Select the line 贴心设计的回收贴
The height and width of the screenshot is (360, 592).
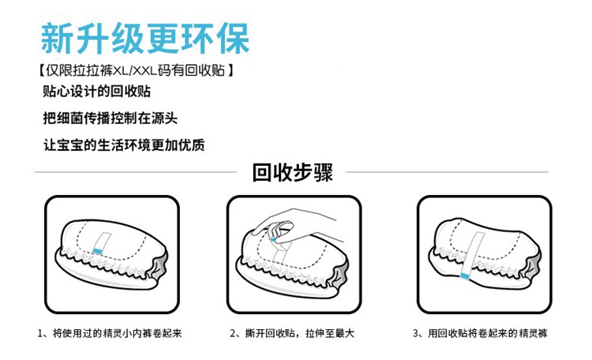point(97,93)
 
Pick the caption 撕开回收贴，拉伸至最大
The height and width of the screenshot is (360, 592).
point(295,334)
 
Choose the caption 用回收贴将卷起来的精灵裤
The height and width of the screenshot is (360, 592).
point(480,334)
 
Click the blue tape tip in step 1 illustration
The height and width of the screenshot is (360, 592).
point(99,250)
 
